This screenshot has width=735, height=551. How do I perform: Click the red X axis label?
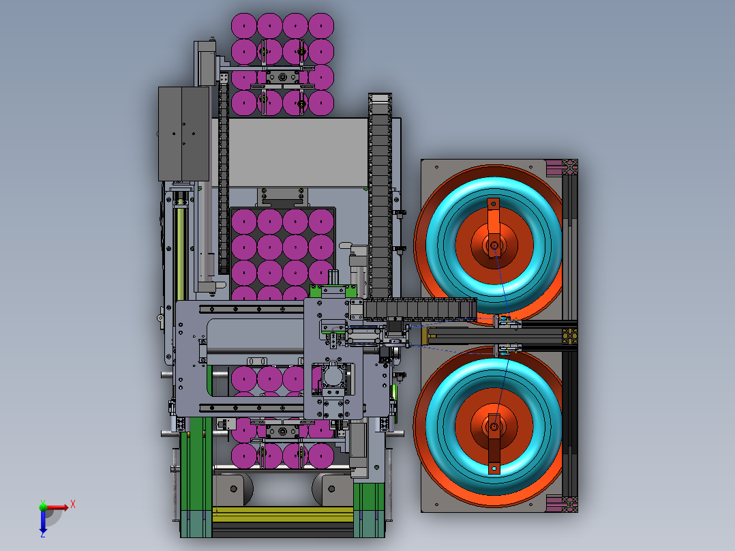click(x=73, y=505)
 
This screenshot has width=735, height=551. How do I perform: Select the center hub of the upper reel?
click(x=494, y=245)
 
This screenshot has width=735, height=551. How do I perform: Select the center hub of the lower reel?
click(x=494, y=427)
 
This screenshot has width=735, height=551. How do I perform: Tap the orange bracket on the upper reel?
click(x=493, y=228)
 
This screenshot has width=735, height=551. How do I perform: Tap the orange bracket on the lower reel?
click(x=494, y=444)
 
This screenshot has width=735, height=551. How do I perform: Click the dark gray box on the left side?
click(x=184, y=134)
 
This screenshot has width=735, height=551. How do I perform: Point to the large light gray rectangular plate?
click(x=298, y=152)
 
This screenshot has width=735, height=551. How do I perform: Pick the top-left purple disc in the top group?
click(x=244, y=26)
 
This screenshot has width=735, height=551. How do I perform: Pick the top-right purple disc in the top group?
click(x=321, y=26)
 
